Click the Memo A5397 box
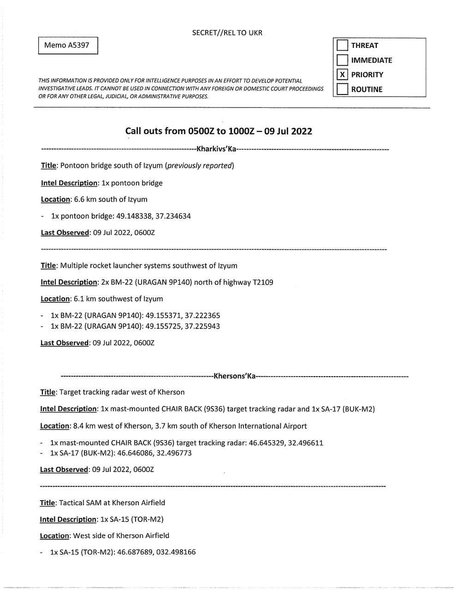point(68,46)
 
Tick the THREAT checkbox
point(342,45)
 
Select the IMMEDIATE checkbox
point(342,60)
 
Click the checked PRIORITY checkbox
point(342,75)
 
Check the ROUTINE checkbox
point(342,89)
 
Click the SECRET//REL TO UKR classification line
point(227,33)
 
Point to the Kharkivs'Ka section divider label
point(216,149)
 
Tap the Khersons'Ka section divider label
point(234,376)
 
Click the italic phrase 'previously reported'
point(200,165)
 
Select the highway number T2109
point(263,282)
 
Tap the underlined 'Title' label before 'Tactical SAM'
point(47,502)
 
